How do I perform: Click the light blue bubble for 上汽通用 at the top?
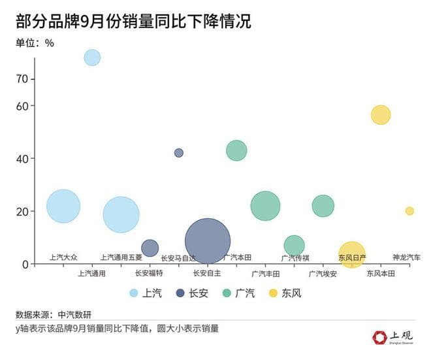click(x=92, y=57)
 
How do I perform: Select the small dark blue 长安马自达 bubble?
click(x=178, y=153)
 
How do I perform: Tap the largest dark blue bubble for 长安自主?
click(x=208, y=241)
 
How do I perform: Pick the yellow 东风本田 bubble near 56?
click(x=381, y=115)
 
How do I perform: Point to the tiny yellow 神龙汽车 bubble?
click(x=409, y=211)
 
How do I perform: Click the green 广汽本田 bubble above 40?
click(x=236, y=151)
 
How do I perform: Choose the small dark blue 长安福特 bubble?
click(x=150, y=248)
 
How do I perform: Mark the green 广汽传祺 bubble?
click(x=294, y=245)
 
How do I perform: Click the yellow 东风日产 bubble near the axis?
click(x=352, y=254)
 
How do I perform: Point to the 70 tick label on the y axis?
click(x=22, y=79)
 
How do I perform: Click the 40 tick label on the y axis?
click(x=22, y=159)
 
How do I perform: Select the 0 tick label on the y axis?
click(x=25, y=265)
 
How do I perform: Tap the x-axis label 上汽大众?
click(x=63, y=257)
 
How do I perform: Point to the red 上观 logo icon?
click(x=380, y=337)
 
